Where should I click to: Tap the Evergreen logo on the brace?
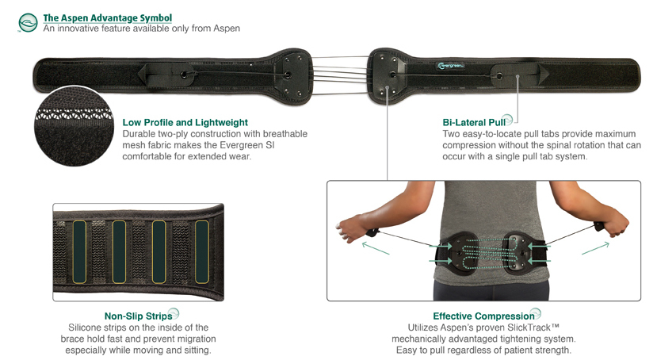pos(451,67)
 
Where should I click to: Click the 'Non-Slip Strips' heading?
pos(138,316)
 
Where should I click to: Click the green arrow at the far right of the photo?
pos(594,248)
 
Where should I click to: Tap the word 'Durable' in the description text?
pos(141,134)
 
